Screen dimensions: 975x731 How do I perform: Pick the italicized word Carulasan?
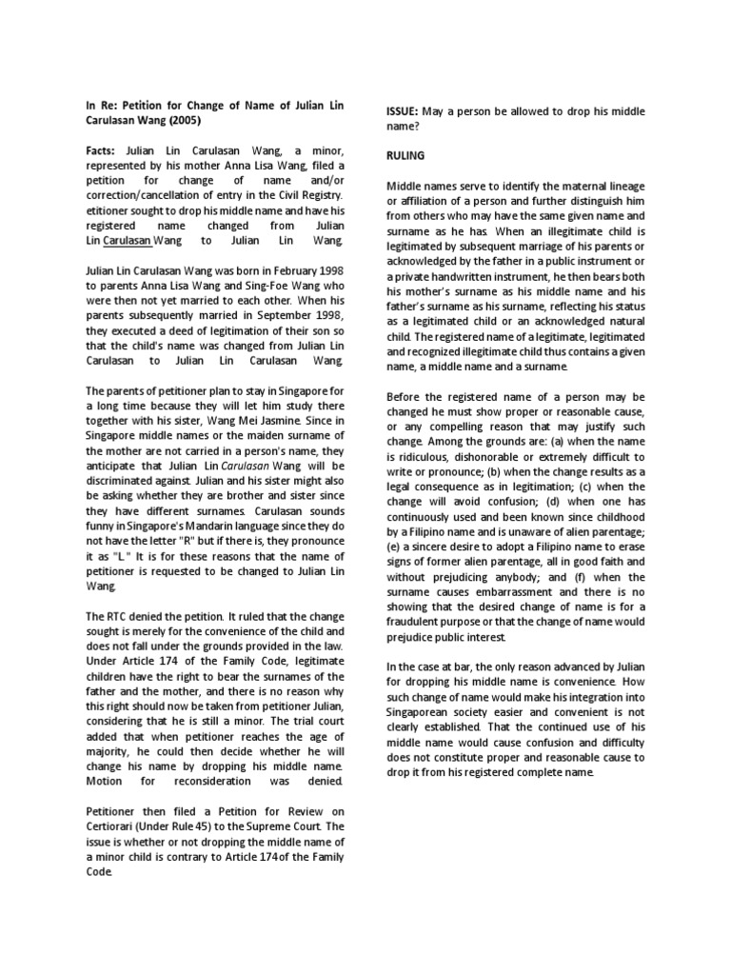tap(247, 467)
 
